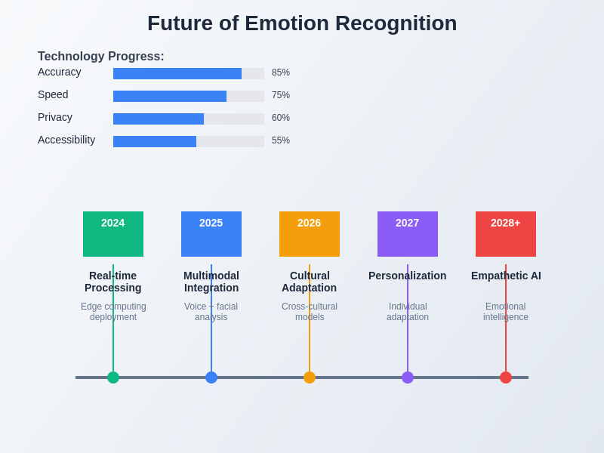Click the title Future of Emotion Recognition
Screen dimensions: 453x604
(302, 23)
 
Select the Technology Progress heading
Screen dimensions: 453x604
(101, 57)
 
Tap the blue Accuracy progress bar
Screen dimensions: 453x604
(177, 73)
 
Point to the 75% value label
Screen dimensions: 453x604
(281, 95)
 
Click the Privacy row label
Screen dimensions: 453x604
(55, 117)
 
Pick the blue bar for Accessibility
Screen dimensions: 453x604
(155, 141)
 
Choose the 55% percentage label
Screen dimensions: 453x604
(281, 140)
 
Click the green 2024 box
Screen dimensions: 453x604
(113, 234)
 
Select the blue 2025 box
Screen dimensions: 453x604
(211, 234)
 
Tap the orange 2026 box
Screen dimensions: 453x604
(310, 234)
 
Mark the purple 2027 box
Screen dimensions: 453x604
(408, 234)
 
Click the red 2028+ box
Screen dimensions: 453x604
(506, 234)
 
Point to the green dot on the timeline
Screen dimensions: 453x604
(113, 377)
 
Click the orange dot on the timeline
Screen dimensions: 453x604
(310, 377)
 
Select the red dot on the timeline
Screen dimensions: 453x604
(506, 377)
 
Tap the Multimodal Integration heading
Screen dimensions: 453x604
(211, 282)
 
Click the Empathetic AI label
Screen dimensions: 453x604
(506, 276)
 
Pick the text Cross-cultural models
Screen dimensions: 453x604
(310, 312)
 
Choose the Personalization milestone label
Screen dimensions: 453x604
(408, 276)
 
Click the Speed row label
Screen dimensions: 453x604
(53, 94)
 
